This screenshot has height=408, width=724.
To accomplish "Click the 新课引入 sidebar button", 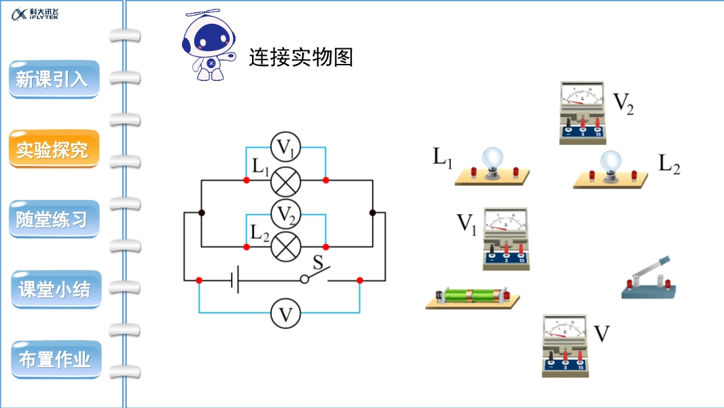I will tap(52, 80).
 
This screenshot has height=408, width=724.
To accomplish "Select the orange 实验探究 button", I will tap(52, 149).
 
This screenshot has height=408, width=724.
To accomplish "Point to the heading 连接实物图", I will tap(301, 57).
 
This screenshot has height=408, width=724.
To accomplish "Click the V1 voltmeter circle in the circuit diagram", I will tap(286, 147).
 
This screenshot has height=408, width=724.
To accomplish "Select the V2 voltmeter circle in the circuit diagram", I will tap(286, 214).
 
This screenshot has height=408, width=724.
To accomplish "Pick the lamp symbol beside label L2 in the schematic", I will tap(286, 245).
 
